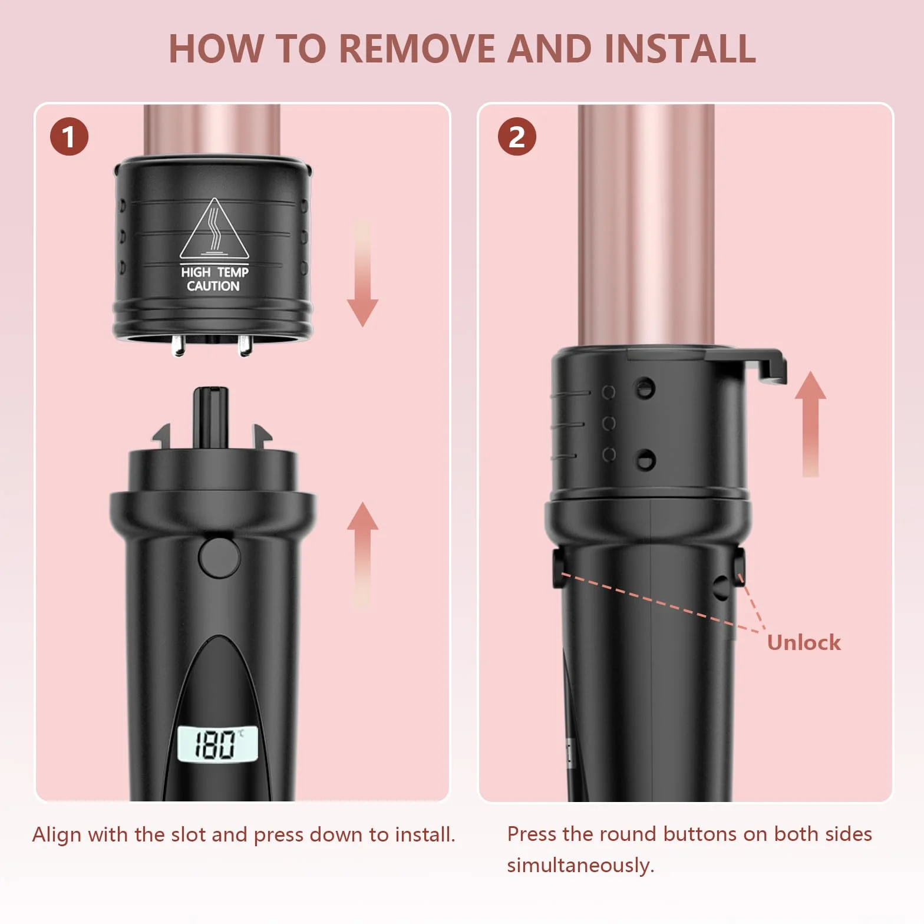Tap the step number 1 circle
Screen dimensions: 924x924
(69, 137)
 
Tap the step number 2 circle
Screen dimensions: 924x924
(517, 137)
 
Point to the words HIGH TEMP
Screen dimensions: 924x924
(214, 272)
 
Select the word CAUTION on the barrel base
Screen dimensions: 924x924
(213, 286)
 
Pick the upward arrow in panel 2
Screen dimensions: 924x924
(810, 424)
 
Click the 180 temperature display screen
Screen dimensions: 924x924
(217, 744)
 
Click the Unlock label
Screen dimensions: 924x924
(804, 642)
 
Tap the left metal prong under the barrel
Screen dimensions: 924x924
(177, 345)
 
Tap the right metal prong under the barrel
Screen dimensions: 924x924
(245, 345)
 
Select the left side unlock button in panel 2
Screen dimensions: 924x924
(557, 569)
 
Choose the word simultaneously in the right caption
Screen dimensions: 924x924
(580, 865)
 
